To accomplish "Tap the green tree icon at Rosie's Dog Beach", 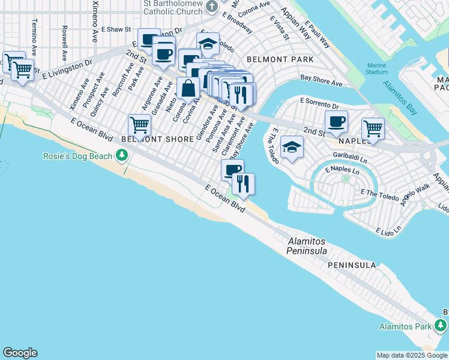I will [122, 156].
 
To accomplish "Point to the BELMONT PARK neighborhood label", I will [280, 59].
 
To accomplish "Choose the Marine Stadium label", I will [376, 68].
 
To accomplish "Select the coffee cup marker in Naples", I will [336, 121].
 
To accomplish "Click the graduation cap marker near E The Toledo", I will [292, 147].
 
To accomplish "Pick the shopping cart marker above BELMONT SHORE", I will [139, 125].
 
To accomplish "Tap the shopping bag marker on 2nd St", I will [188, 88].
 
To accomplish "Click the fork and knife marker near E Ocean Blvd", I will [243, 183].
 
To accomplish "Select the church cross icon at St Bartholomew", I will [211, 7].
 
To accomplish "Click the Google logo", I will [20, 353].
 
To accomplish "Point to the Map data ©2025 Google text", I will [412, 355].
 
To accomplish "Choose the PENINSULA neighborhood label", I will [352, 265].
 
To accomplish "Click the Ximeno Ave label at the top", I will [95, 21].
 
